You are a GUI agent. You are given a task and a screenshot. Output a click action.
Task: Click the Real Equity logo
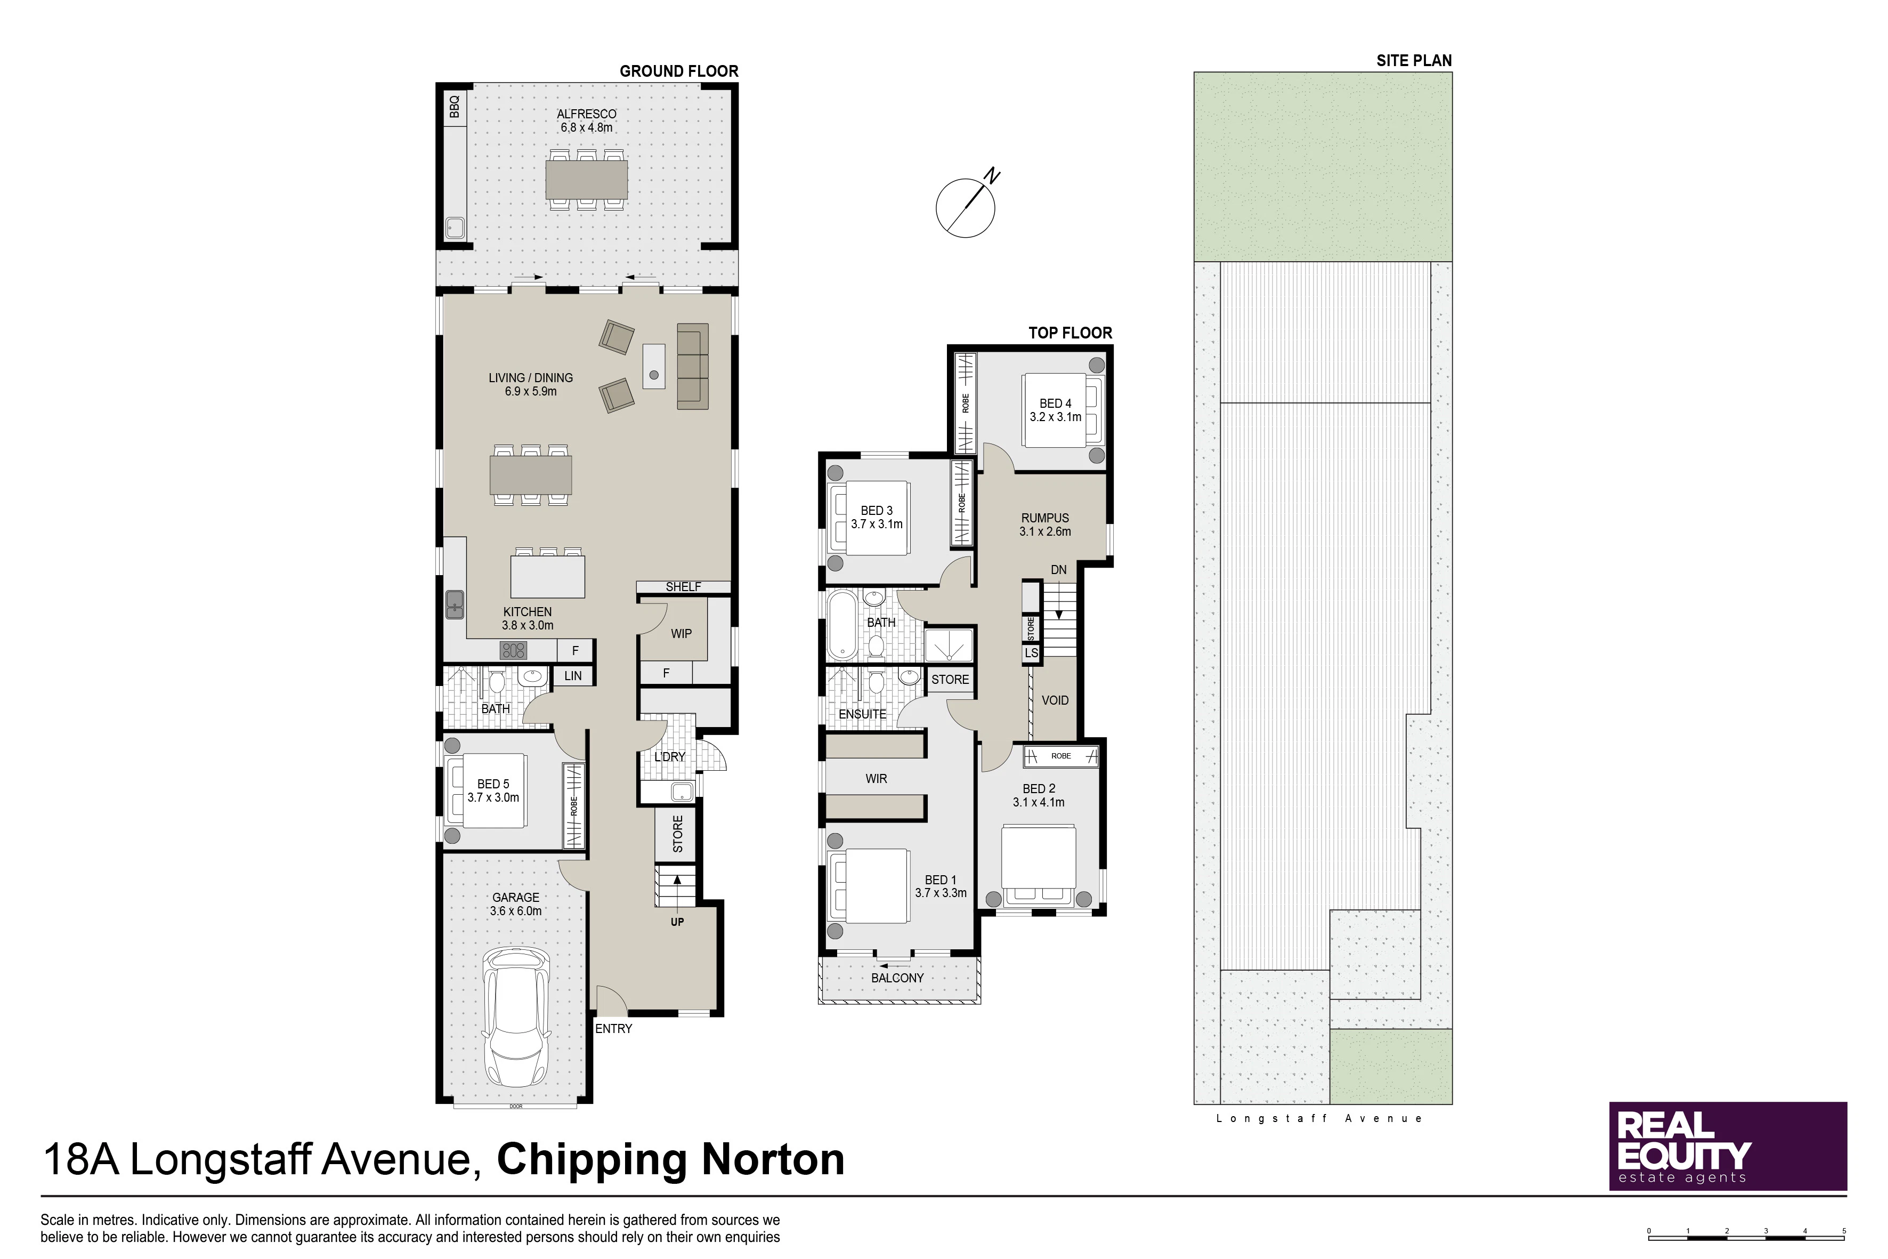(x=1728, y=1146)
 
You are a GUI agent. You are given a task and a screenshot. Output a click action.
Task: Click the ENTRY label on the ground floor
(x=613, y=1029)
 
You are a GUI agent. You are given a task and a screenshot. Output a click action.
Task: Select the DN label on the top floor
(x=1059, y=570)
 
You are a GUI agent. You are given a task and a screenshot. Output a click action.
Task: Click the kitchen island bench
(x=547, y=575)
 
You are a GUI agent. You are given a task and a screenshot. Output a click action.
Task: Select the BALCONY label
(x=897, y=978)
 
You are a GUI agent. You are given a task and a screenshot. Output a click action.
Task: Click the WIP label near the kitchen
(x=682, y=634)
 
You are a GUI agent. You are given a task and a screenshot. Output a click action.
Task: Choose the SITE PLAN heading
(x=1414, y=60)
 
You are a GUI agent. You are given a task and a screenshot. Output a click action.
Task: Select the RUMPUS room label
(x=1045, y=518)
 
